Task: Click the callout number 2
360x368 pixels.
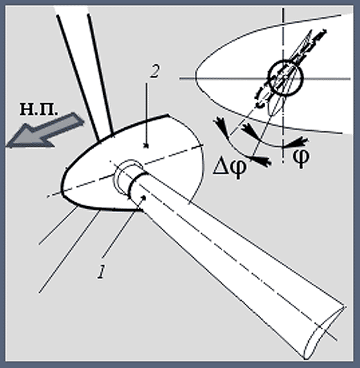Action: tap(154, 71)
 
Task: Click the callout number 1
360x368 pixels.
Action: tap(101, 272)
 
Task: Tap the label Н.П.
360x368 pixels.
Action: tap(38, 109)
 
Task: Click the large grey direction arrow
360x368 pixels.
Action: tap(44, 131)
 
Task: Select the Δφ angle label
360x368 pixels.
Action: tap(230, 167)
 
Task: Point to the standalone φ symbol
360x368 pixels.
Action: tap(301, 158)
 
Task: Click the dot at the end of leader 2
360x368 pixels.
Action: tap(147, 146)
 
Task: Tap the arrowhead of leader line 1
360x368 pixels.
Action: tap(143, 199)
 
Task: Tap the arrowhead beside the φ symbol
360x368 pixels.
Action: tap(298, 142)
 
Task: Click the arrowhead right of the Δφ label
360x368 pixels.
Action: tap(262, 160)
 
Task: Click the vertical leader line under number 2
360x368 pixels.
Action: tap(147, 114)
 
